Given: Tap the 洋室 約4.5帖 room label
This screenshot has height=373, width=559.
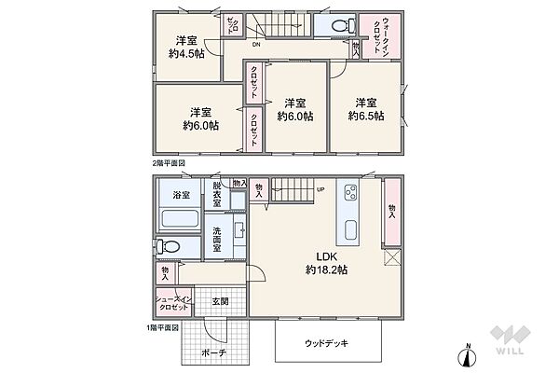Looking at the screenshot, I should (186, 47).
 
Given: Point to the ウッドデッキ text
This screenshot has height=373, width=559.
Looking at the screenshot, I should (329, 343).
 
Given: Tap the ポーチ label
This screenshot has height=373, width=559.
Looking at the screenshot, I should (213, 353).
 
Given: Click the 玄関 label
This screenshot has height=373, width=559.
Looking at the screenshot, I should (220, 301).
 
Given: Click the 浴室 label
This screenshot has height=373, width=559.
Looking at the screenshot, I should (181, 196).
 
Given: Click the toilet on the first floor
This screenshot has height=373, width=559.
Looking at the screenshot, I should (169, 247).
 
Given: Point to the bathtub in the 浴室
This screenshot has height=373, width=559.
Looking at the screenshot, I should (180, 221).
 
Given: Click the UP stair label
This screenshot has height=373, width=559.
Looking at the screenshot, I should (320, 190).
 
